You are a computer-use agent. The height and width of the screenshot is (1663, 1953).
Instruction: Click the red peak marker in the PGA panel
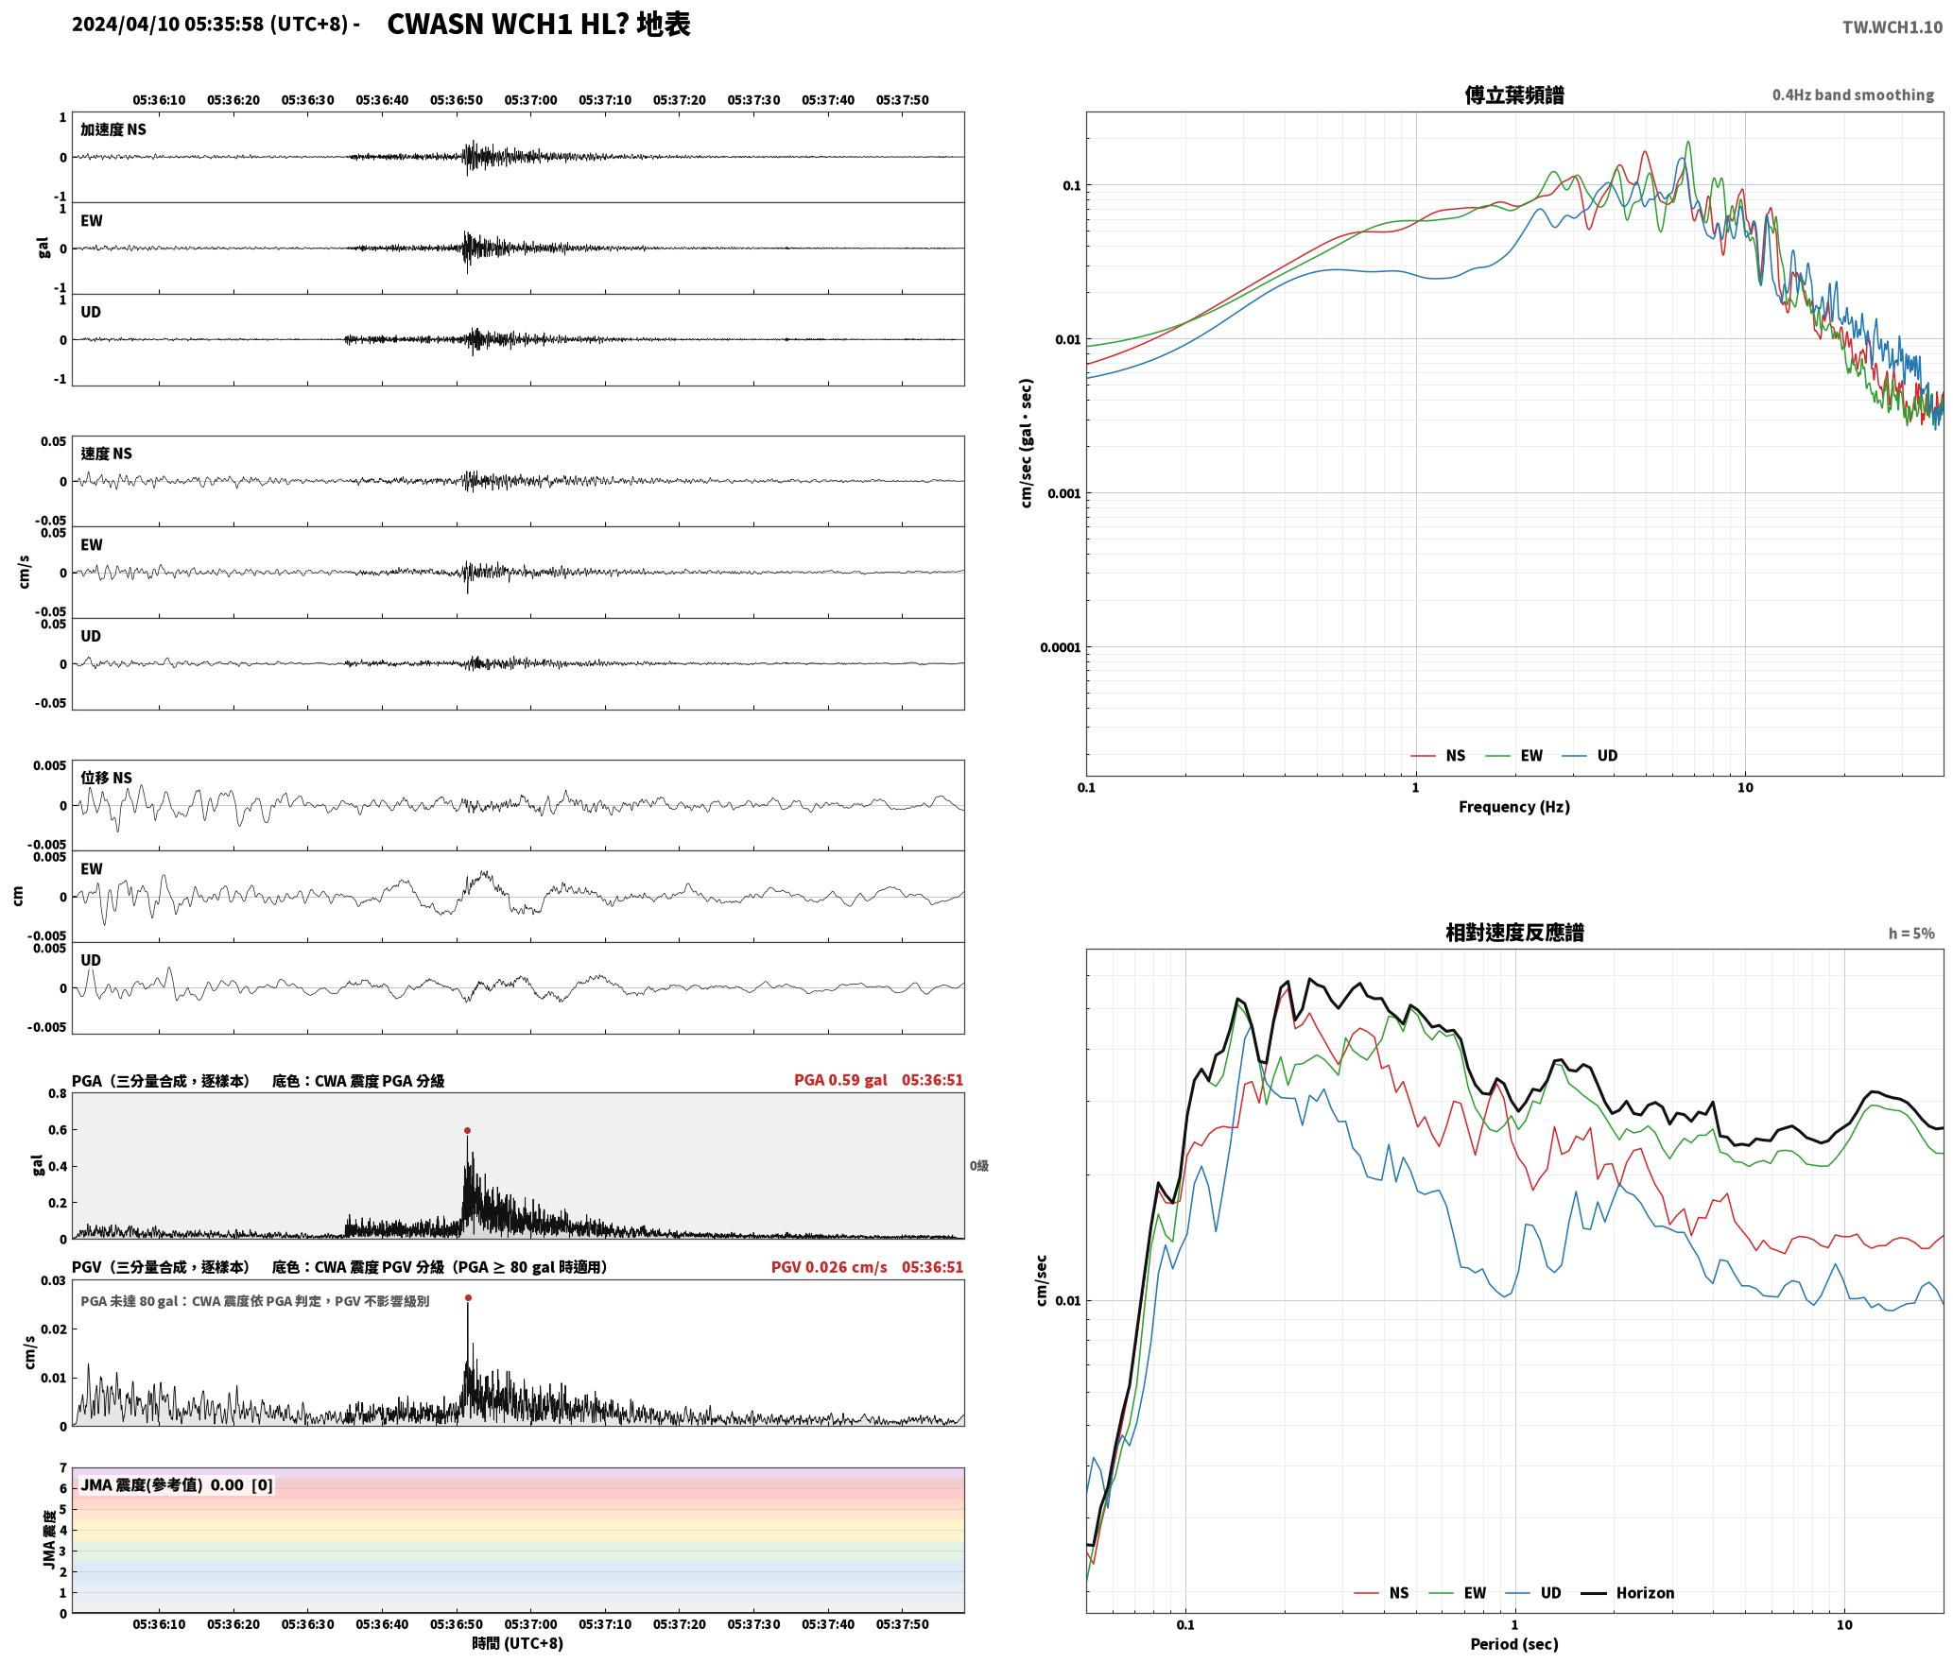(x=467, y=1130)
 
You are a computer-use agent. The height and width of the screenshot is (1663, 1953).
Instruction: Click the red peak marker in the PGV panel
(x=468, y=1297)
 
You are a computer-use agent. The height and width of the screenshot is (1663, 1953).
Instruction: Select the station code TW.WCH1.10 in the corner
(x=1892, y=27)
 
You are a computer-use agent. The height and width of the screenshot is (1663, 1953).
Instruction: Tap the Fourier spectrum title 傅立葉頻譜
(x=1513, y=94)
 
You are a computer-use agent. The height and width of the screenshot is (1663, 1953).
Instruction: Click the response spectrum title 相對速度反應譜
(x=1514, y=933)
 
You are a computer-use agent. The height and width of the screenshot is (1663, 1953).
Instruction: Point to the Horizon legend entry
(x=1628, y=1593)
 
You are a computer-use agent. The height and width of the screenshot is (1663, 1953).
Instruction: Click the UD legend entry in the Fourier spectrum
(x=1589, y=756)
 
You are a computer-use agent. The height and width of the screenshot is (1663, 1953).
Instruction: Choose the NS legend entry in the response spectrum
(x=1381, y=1593)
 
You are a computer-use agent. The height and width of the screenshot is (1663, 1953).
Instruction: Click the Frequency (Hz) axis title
(x=1513, y=807)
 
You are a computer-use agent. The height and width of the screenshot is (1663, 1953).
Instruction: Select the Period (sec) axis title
(x=1513, y=1644)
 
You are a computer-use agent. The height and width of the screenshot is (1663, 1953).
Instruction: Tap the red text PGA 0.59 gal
(x=840, y=1080)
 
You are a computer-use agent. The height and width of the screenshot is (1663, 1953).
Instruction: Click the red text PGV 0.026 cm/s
(x=829, y=1267)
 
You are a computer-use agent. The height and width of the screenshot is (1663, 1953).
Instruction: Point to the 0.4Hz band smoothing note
(x=1853, y=95)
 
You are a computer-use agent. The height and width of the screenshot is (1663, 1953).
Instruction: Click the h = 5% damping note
(x=1911, y=934)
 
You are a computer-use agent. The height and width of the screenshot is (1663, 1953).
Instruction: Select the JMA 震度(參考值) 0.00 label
(x=163, y=1485)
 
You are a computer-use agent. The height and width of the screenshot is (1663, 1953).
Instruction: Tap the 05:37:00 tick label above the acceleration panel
(x=530, y=100)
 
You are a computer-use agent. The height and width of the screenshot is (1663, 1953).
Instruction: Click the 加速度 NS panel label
(x=113, y=129)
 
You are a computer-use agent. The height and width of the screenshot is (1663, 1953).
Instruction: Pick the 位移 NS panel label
(x=106, y=778)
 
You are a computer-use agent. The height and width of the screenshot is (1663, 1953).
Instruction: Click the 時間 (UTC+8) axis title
(x=518, y=1643)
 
